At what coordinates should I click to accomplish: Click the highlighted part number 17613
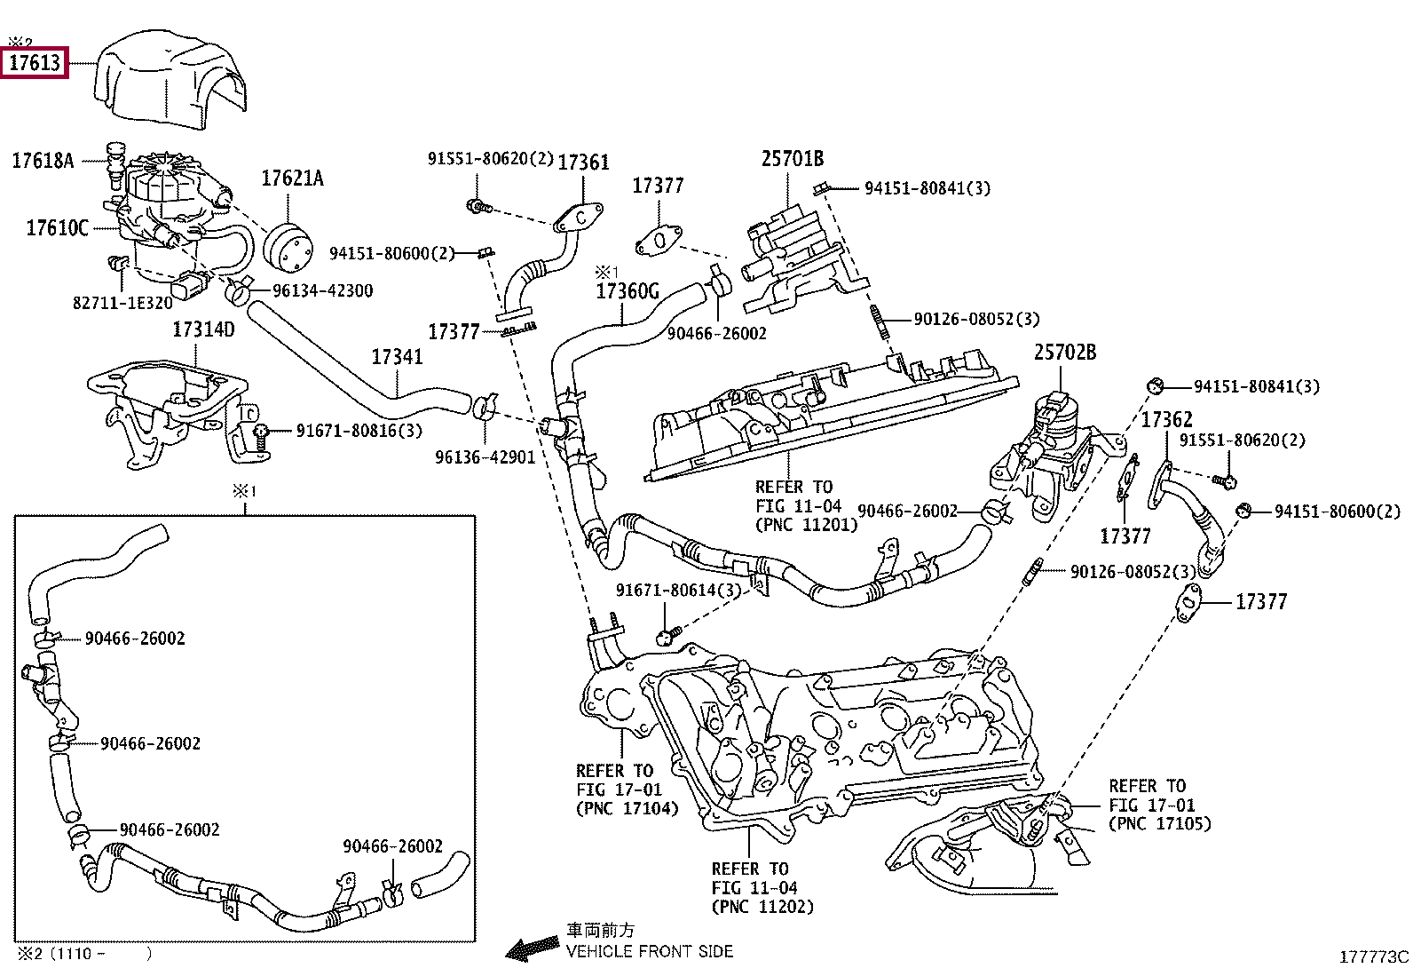[35, 63]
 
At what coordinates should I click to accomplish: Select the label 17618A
[43, 161]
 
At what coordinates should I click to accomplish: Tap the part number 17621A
[292, 179]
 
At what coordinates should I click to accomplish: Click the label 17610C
[58, 228]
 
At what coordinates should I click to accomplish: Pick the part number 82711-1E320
[122, 302]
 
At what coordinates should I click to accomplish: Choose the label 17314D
[203, 329]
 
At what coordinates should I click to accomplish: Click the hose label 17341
[397, 357]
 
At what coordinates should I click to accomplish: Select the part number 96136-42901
[485, 457]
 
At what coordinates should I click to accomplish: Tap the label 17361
[583, 163]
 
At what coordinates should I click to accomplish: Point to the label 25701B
[792, 159]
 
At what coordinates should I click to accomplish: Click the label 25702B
[1064, 353]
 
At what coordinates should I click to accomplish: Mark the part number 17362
[1166, 419]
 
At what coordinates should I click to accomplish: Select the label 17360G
[628, 291]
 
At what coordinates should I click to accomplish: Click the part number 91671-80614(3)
[678, 591]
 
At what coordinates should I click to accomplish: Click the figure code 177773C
[1373, 956]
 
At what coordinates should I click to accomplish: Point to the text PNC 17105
[1159, 823]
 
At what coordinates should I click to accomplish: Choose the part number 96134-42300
[322, 290]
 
